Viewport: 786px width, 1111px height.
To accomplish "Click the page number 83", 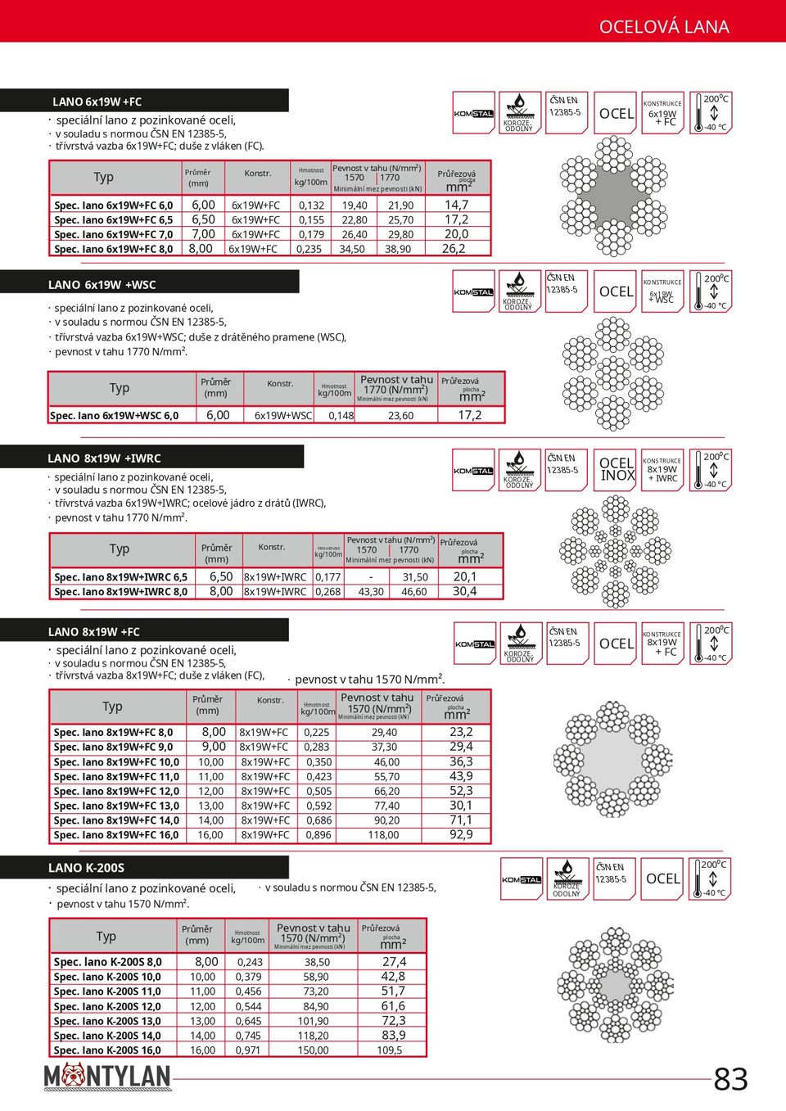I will (730, 1079).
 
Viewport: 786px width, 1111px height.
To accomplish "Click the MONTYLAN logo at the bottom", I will (107, 1076).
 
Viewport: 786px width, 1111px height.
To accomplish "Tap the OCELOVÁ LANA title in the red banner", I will (663, 27).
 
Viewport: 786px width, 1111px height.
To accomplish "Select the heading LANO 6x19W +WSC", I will (102, 285).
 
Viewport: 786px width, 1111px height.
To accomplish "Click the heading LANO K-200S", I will (86, 868).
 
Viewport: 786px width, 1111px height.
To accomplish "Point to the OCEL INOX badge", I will (617, 470).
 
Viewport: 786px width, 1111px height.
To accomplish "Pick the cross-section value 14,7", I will (456, 205).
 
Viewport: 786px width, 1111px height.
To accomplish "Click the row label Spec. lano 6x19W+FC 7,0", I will (113, 234).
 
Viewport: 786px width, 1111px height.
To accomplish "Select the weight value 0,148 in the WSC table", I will (341, 416).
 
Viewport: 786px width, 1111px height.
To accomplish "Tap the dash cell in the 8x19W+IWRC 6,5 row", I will (371, 577).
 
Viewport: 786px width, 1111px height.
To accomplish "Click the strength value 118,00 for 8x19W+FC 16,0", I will (383, 835).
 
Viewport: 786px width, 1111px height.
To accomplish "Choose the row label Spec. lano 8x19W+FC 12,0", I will (116, 792).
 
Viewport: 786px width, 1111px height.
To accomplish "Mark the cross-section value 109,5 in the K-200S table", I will (390, 1050).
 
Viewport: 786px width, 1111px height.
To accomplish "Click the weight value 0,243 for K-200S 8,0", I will (249, 963).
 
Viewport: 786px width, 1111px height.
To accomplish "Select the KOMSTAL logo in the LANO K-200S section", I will (522, 880).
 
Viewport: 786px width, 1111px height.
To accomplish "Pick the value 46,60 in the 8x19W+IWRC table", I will (413, 592).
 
